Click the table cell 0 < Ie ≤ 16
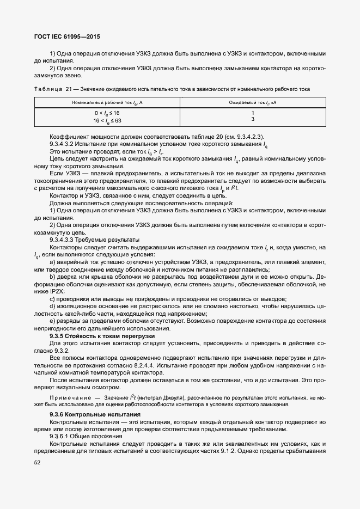(107, 113)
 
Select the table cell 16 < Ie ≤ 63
(107, 120)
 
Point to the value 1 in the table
(252, 113)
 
